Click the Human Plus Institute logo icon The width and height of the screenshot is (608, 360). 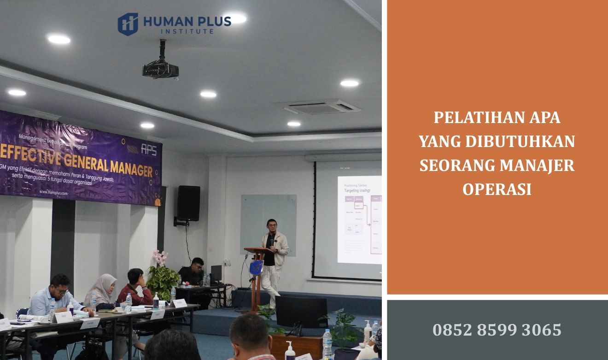tap(128, 24)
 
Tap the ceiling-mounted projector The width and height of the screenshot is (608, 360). tap(160, 69)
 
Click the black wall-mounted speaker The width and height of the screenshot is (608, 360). tap(188, 203)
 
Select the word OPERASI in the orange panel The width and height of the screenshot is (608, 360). tap(497, 189)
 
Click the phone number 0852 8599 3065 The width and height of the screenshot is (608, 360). tap(497, 330)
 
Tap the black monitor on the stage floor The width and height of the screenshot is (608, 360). tap(301, 312)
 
